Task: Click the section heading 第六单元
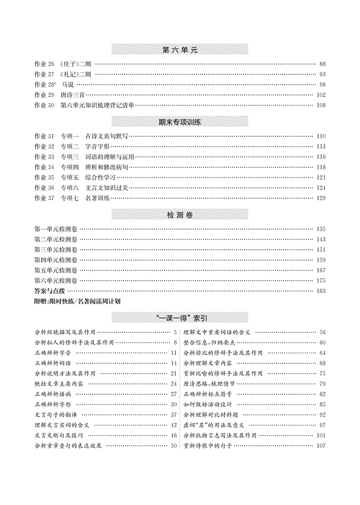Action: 180,50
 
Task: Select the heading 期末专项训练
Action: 180,122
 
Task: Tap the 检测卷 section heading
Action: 180,215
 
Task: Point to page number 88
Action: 322,64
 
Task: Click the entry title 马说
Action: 67,85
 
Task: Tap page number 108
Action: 321,105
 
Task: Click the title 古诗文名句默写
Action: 108,136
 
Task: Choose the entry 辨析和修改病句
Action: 108,167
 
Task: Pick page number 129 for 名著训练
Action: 321,198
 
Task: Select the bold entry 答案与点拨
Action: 50,291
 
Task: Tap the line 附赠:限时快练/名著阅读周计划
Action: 77,301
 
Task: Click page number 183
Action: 321,291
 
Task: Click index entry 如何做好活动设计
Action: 208,404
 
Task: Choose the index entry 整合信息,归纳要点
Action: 209,343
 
